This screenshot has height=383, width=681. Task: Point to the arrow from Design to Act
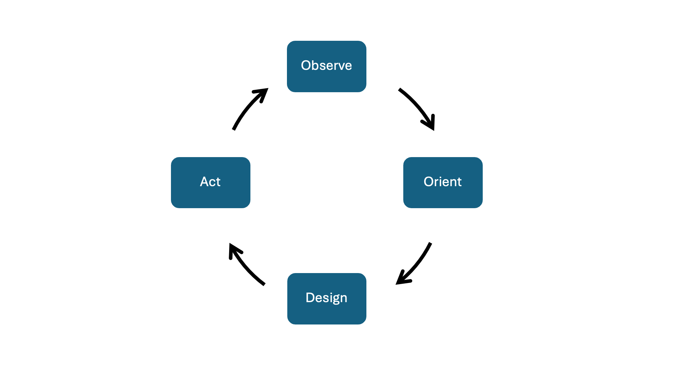(x=245, y=266)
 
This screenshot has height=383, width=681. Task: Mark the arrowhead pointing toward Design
(x=402, y=279)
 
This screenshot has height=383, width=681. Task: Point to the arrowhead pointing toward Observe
(x=262, y=93)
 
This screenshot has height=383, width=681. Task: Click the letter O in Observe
(x=306, y=66)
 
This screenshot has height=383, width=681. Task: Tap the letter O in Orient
(x=429, y=182)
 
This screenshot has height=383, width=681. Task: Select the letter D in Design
(x=310, y=298)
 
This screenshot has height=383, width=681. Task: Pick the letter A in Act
(x=205, y=182)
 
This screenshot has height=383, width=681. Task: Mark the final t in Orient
(x=459, y=182)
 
